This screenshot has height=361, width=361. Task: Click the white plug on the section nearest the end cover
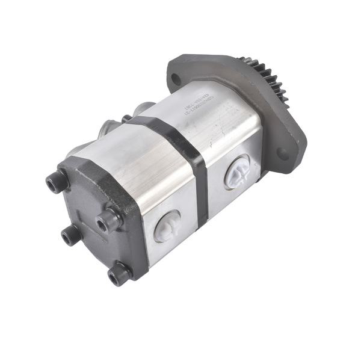(167, 225)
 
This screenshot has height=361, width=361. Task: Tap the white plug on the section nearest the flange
(238, 172)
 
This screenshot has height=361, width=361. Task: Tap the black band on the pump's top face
(162, 129)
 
